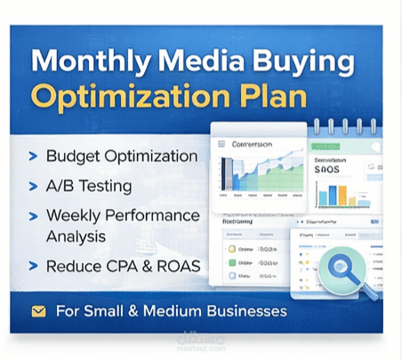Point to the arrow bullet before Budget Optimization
click(x=34, y=156)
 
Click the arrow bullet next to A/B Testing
click(x=34, y=187)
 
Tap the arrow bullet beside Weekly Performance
click(x=34, y=216)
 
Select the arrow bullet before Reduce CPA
click(x=34, y=266)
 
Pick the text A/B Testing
click(x=89, y=187)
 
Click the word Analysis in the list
click(x=76, y=236)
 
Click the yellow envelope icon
click(x=38, y=311)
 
